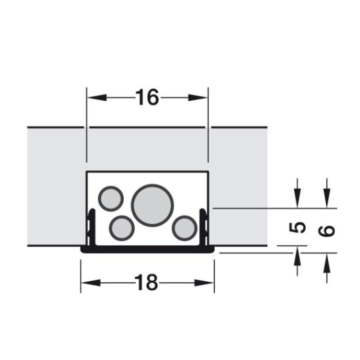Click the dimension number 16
[x=147, y=97]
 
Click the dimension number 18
[x=146, y=283]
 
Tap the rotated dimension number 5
[x=297, y=228]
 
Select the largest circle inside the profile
[x=152, y=205]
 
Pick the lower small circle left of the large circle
[x=122, y=228]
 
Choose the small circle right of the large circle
[x=184, y=228]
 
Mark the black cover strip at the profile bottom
[x=147, y=249]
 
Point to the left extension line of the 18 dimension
[x=81, y=274]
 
